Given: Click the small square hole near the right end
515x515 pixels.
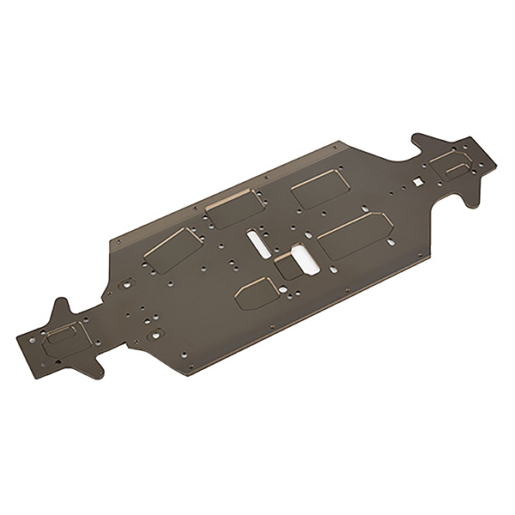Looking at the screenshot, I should (417, 181).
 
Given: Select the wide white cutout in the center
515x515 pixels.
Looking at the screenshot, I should (305, 258).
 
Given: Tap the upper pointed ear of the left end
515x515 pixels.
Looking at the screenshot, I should (61, 308).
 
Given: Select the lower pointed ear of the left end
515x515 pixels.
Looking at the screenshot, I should (90, 370).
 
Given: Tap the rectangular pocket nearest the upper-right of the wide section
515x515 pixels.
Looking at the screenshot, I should (318, 187).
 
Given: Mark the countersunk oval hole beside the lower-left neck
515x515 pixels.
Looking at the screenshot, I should (154, 332).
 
